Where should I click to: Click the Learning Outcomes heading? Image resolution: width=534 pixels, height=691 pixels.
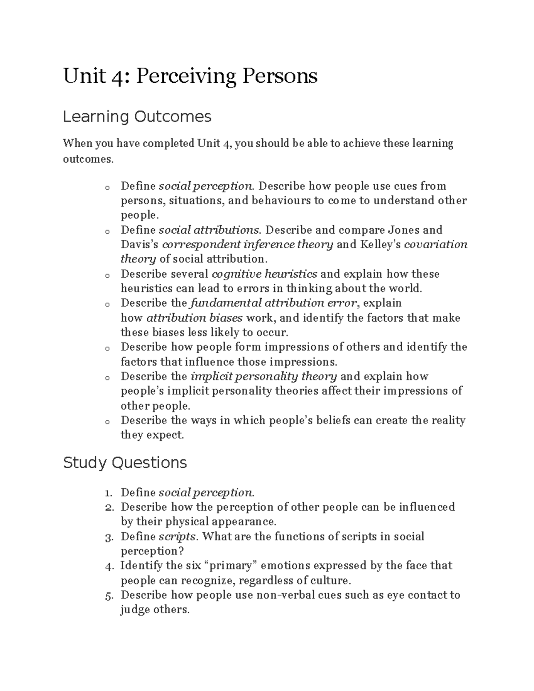[x=137, y=117]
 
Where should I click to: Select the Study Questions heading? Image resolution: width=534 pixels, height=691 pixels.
[x=125, y=463]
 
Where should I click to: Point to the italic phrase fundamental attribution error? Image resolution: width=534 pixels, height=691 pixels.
[x=273, y=303]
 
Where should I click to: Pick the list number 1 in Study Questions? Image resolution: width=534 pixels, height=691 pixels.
[x=108, y=493]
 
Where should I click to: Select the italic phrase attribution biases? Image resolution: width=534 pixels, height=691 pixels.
[x=194, y=318]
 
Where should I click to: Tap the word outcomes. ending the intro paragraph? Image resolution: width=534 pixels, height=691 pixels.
[x=88, y=159]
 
